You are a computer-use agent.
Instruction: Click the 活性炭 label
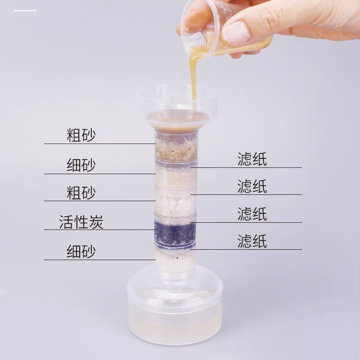[81, 222]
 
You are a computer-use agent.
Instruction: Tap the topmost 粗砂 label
[81, 135]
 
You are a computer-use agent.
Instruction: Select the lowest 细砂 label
[81, 251]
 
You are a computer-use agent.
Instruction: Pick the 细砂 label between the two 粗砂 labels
[81, 165]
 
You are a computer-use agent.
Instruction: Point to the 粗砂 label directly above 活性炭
[81, 193]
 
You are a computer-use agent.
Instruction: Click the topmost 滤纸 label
[252, 159]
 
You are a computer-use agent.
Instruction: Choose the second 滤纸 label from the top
[252, 186]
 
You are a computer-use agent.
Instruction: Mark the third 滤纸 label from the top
[252, 214]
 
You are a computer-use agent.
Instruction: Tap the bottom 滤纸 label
[252, 241]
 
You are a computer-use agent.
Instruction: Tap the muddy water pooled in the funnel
[175, 118]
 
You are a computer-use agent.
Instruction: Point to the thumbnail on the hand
[236, 33]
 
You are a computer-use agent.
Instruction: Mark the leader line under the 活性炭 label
[99, 229]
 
